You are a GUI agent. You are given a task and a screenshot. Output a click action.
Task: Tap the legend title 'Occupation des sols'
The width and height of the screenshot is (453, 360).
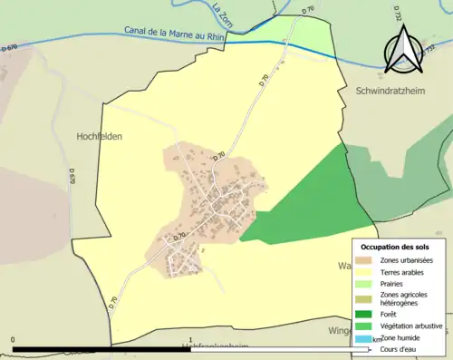[395, 246]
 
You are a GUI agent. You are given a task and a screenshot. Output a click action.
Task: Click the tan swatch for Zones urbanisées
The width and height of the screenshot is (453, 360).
[363, 260]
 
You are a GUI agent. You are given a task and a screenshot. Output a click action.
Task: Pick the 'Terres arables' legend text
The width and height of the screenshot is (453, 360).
[405, 270]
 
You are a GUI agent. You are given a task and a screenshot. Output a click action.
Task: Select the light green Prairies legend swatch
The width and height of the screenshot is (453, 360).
[363, 282]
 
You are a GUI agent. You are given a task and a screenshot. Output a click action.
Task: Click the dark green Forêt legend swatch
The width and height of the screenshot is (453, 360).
[363, 314]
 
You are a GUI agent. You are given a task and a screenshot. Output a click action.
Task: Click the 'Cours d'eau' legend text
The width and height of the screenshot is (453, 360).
[400, 348]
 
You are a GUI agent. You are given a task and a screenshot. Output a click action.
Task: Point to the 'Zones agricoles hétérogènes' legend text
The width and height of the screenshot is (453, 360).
[405, 298]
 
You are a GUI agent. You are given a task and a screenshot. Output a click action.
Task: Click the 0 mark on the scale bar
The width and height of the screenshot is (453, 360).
[13, 341]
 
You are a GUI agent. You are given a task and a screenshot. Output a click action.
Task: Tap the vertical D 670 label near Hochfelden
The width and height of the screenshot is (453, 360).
[72, 174]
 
